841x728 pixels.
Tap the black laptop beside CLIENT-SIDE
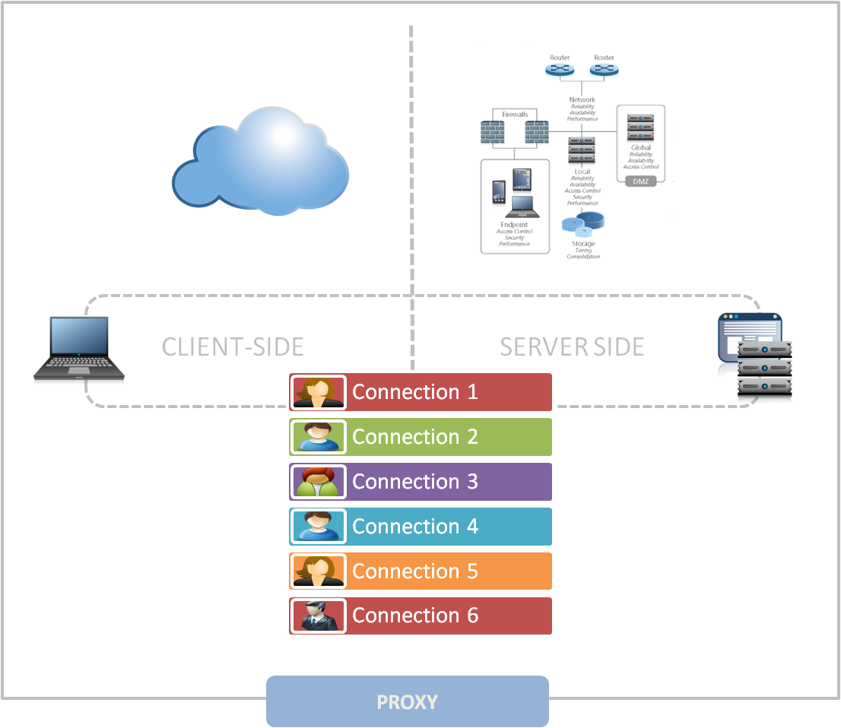pos(78,350)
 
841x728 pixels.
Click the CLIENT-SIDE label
pos(233,347)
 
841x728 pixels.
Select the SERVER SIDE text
pos(572,347)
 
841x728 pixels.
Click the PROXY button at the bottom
pos(407,701)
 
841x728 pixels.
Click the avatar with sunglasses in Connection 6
pos(318,616)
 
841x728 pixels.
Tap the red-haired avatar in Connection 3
pos(318,482)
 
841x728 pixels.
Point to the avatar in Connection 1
pos(318,392)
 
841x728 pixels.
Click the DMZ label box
pos(641,181)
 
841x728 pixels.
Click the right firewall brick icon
pos(536,133)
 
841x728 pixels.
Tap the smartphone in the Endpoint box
pos(499,194)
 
